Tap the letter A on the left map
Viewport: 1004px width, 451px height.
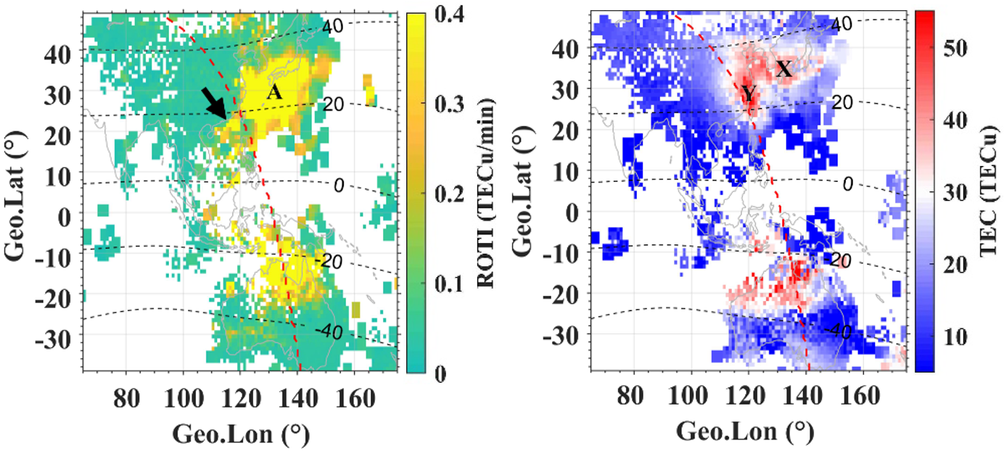click(x=273, y=91)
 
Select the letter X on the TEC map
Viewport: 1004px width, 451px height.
click(x=784, y=70)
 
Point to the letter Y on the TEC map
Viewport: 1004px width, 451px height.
click(x=749, y=93)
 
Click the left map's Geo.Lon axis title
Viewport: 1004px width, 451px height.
click(x=240, y=434)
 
